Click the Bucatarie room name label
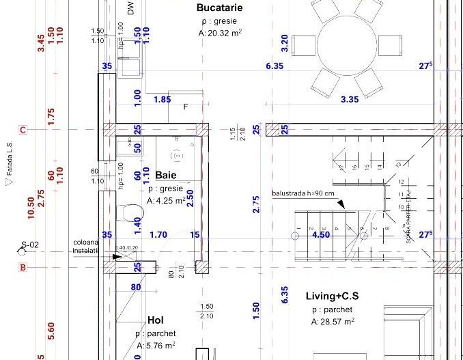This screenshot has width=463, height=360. pyautogui.click(x=219, y=8)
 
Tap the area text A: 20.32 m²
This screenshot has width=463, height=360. pyautogui.click(x=219, y=32)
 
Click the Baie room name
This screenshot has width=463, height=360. pyautogui.click(x=167, y=176)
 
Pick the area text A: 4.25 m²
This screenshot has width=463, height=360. pyautogui.click(x=166, y=201)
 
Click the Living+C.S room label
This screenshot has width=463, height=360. pyautogui.click(x=332, y=296)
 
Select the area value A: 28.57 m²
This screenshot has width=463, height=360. pyautogui.click(x=333, y=321)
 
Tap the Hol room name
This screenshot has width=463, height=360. pyautogui.click(x=156, y=320)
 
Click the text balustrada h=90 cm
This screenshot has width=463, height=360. pyautogui.click(x=303, y=193)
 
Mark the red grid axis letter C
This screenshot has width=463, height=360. pyautogui.click(x=23, y=130)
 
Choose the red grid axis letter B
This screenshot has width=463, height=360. pyautogui.click(x=23, y=267)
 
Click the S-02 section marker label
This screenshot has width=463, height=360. pyautogui.click(x=30, y=244)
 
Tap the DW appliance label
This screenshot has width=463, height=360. pyautogui.click(x=130, y=8)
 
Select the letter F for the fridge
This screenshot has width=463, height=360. pyautogui.click(x=186, y=107)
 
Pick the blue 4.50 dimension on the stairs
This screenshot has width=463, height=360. pyautogui.click(x=321, y=235)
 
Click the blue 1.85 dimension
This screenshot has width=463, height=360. pyautogui.click(x=162, y=100)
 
